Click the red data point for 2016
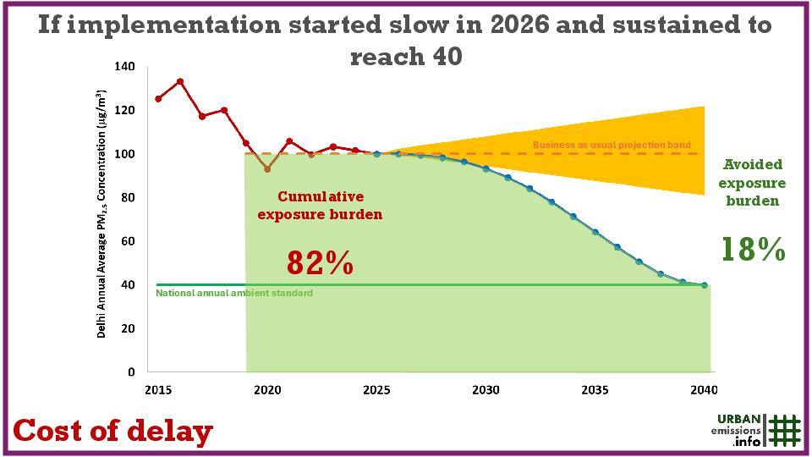[180, 81]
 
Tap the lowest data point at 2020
[267, 169]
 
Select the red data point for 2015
[158, 99]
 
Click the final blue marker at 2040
[704, 285]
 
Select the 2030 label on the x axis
[486, 390]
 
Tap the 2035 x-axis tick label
[595, 390]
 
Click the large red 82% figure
[319, 262]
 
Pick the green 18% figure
[753, 250]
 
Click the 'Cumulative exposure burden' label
[319, 205]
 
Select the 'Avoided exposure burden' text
[753, 183]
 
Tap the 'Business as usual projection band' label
[612, 146]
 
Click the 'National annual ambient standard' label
[234, 293]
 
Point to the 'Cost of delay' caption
[112, 432]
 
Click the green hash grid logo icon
[785, 430]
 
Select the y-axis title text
[101, 213]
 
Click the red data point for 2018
[224, 110]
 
